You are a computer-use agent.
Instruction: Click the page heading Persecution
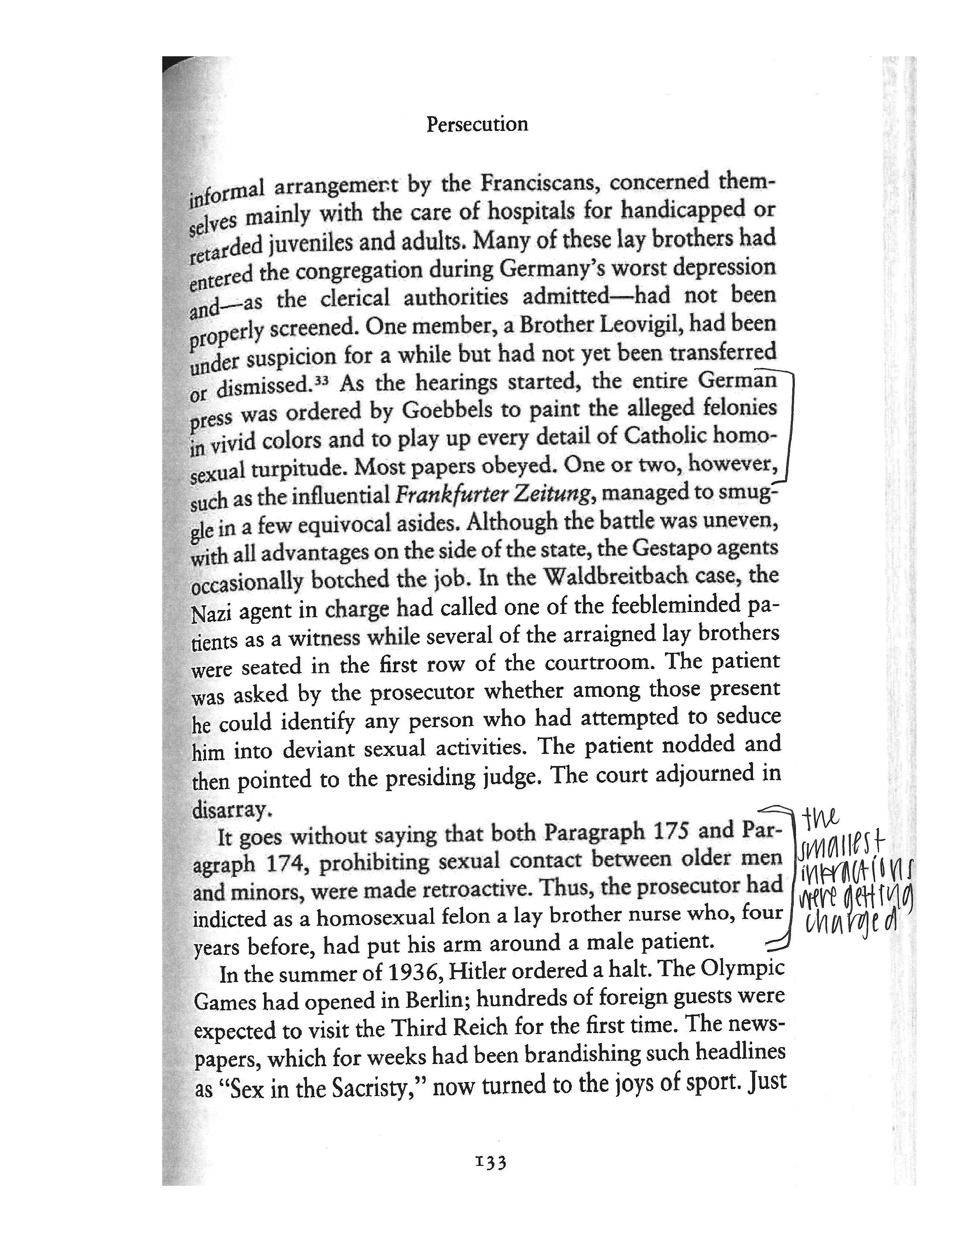point(477,124)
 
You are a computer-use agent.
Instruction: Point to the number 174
point(287,864)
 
